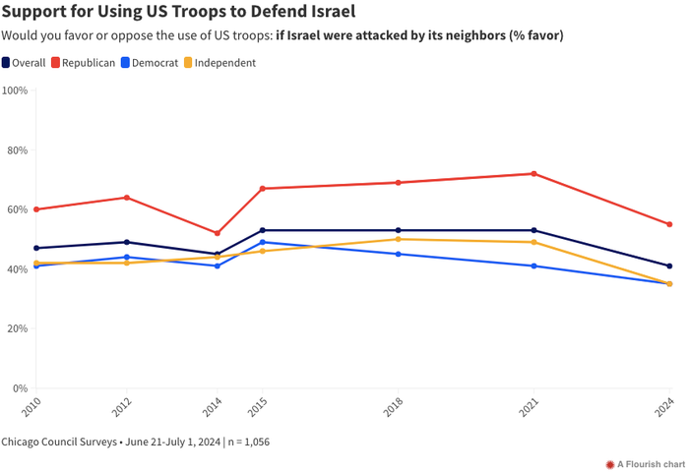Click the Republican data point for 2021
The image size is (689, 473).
[533, 174]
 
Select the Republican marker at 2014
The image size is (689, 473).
[218, 233]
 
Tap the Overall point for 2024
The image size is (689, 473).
[669, 266]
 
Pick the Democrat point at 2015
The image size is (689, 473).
[263, 242]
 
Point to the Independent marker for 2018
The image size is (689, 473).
[398, 239]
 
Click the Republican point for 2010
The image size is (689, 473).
[36, 209]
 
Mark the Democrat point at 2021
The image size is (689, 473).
[533, 266]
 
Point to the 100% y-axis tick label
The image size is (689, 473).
[15, 90]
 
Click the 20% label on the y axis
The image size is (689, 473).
[17, 328]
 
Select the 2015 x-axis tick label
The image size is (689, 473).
[259, 408]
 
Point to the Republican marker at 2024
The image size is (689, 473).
[669, 224]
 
